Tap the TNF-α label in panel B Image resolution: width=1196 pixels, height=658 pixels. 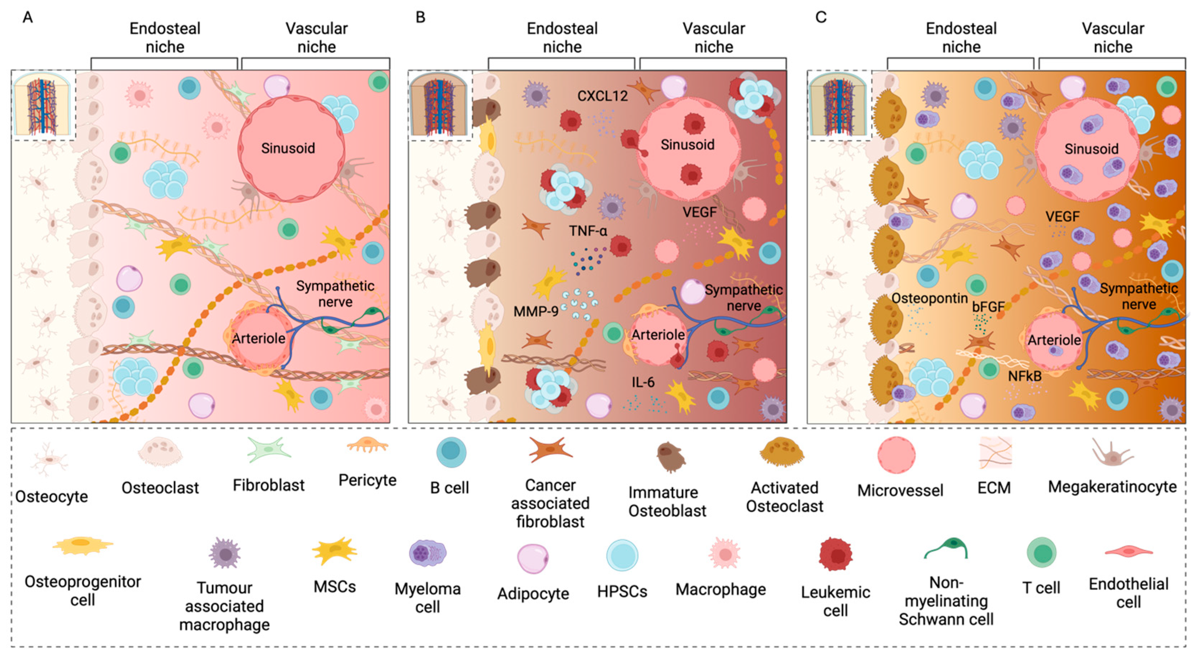click(588, 230)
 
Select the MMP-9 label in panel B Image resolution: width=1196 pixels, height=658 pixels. click(535, 311)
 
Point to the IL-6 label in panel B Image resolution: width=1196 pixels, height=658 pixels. click(643, 382)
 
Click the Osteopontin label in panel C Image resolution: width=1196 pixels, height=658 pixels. click(930, 298)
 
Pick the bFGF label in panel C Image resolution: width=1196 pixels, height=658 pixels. click(988, 307)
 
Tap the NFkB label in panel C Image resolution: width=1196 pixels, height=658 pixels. click(1025, 376)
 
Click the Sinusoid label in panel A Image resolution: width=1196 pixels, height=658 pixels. click(288, 148)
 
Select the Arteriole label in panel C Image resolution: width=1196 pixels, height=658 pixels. click(1054, 340)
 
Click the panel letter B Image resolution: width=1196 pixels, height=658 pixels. click(420, 18)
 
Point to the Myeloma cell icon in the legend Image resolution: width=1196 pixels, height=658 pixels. click(427, 553)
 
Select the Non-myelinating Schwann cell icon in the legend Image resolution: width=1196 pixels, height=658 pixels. click(946, 549)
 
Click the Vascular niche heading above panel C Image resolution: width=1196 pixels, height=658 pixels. click(1113, 37)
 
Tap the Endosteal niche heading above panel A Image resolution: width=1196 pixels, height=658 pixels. click(165, 37)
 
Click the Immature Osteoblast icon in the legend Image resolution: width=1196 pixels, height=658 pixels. click(670, 456)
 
